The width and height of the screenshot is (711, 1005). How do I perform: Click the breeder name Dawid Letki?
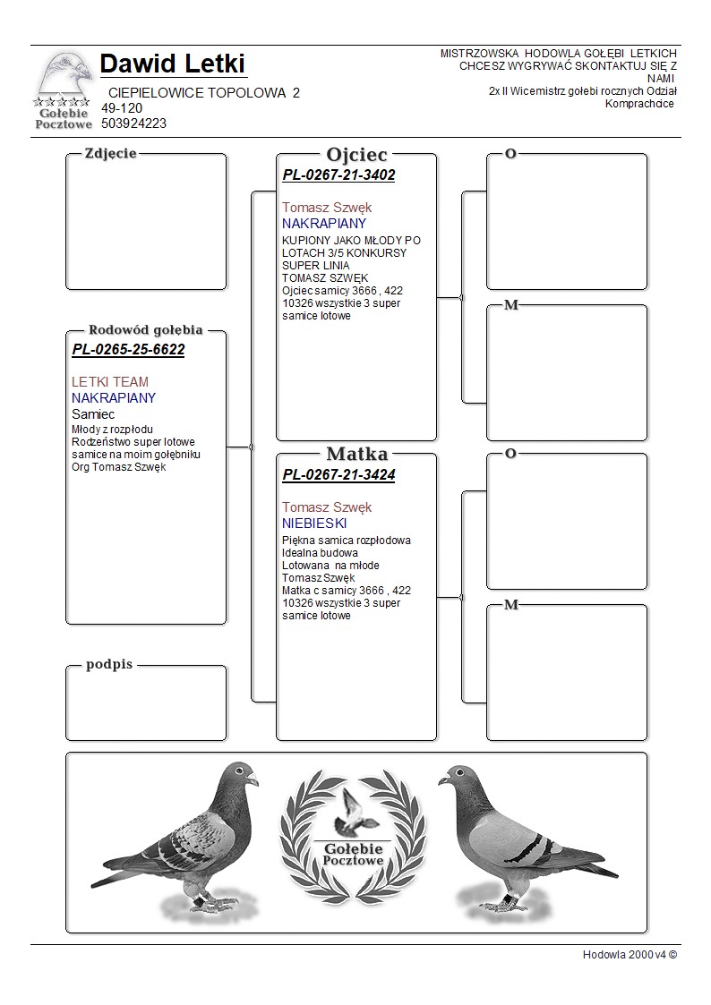(x=173, y=64)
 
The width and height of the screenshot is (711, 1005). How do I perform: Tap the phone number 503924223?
(x=133, y=123)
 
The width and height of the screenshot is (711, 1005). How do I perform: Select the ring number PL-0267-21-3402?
(x=338, y=175)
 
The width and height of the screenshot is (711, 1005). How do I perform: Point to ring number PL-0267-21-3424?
(x=338, y=475)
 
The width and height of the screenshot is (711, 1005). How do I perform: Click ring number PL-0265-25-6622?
(x=128, y=350)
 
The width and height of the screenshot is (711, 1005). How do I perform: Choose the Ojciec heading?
(x=356, y=154)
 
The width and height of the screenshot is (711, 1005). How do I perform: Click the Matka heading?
(x=356, y=454)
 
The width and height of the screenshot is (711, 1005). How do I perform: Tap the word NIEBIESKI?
(x=314, y=524)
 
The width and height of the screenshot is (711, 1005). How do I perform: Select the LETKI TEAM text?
(x=110, y=382)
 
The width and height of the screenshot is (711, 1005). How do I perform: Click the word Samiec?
(x=93, y=414)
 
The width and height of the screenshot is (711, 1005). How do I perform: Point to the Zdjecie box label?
(x=110, y=153)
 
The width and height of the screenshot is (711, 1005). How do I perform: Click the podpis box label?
(x=109, y=664)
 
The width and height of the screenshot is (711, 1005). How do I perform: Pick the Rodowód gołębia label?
(x=145, y=329)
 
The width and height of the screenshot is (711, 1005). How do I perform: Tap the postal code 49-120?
(x=122, y=108)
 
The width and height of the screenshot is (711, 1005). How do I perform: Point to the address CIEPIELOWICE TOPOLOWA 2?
(x=204, y=93)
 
